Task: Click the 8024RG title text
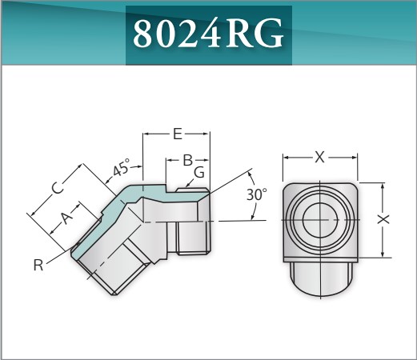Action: tap(208, 34)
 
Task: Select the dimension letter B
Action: tap(188, 160)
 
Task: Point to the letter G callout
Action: tap(199, 172)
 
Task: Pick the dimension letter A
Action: tap(67, 216)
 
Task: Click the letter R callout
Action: tap(38, 265)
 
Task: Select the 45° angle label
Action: tap(121, 169)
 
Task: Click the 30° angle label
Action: tap(256, 194)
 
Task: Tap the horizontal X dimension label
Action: tap(319, 158)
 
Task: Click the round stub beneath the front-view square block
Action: tap(319, 276)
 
